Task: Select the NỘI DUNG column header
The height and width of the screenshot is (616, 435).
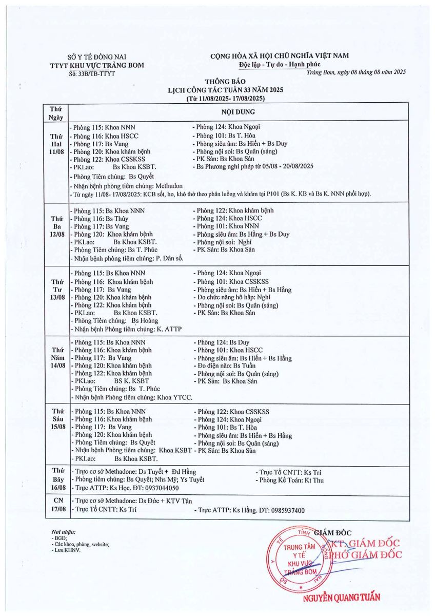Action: point(238,111)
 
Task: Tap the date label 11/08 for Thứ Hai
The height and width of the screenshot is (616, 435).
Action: point(55,152)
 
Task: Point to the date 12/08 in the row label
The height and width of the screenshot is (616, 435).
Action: point(55,234)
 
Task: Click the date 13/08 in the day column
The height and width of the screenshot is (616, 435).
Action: point(55,297)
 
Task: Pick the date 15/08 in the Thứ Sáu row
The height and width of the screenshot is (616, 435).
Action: point(55,427)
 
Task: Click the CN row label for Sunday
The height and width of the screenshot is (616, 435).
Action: point(55,500)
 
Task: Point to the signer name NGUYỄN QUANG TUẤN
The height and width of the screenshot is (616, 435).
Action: point(341,597)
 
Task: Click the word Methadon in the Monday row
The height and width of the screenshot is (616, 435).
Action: point(167,186)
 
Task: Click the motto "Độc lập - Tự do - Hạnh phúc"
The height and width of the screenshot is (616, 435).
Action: point(280,64)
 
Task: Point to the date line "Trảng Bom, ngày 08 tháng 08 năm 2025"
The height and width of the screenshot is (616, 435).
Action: point(356,72)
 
